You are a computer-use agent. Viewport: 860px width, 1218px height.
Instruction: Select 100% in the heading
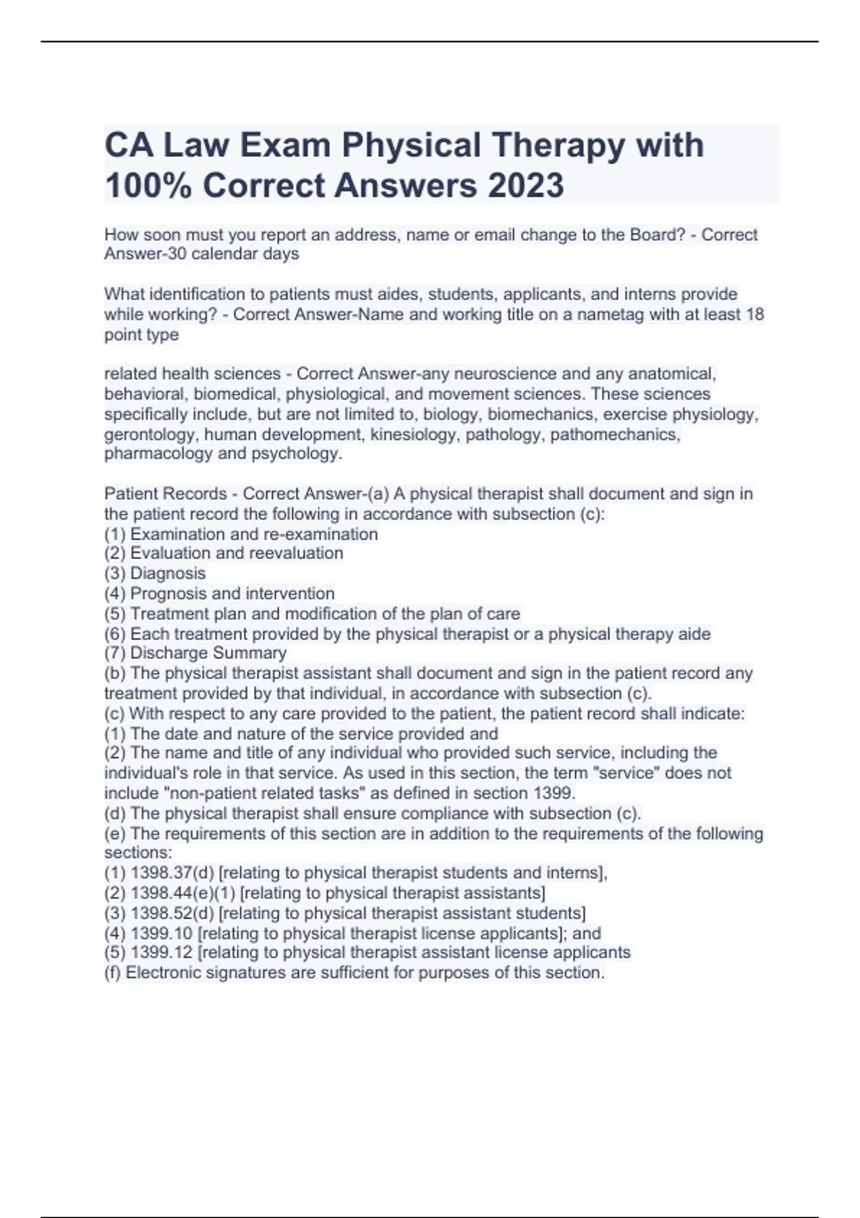[x=148, y=185]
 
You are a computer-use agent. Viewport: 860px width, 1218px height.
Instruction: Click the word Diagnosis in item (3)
[x=168, y=573]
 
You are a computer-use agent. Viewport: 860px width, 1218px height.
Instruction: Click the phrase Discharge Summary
[x=209, y=653]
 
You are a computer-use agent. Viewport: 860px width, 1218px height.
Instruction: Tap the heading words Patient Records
[x=166, y=494]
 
